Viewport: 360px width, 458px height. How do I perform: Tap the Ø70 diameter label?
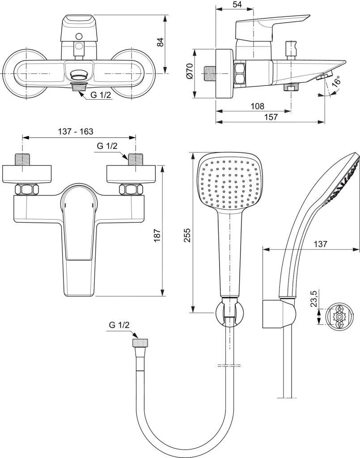pyautogui.click(x=189, y=72)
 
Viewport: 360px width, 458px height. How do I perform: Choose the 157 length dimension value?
pyautogui.click(x=270, y=117)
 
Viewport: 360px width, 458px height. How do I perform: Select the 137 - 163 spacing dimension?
pyautogui.click(x=76, y=132)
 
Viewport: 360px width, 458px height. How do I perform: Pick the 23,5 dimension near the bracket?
pyautogui.click(x=313, y=298)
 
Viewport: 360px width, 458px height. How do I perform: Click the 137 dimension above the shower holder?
pyautogui.click(x=320, y=244)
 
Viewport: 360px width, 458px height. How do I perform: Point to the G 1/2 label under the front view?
pyautogui.click(x=101, y=94)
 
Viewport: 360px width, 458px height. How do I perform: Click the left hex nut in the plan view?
pyautogui.click(x=24, y=190)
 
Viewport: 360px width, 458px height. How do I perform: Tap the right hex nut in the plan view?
pyautogui.click(x=128, y=190)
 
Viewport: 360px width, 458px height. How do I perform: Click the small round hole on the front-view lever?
pyautogui.click(x=79, y=36)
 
